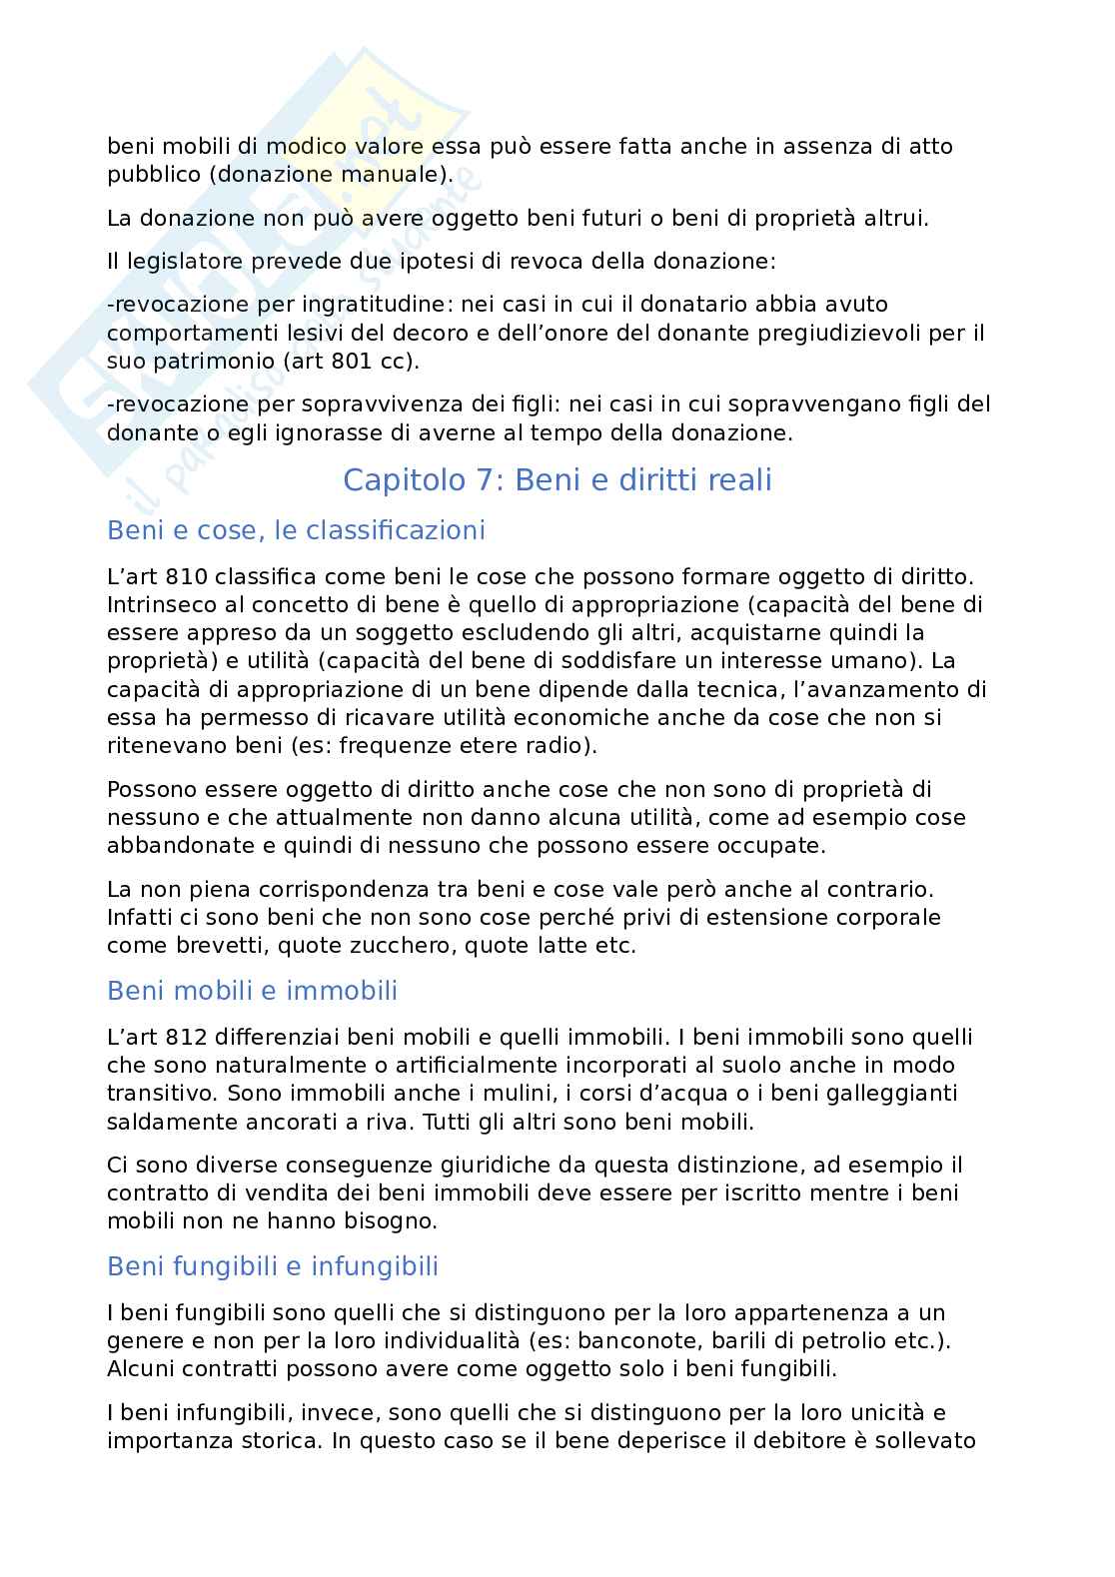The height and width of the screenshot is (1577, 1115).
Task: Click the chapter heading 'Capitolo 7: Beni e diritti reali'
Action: click(557, 480)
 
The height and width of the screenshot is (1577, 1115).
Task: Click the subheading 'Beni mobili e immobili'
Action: click(252, 991)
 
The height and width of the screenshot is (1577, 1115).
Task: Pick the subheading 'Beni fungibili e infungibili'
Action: click(273, 1266)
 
